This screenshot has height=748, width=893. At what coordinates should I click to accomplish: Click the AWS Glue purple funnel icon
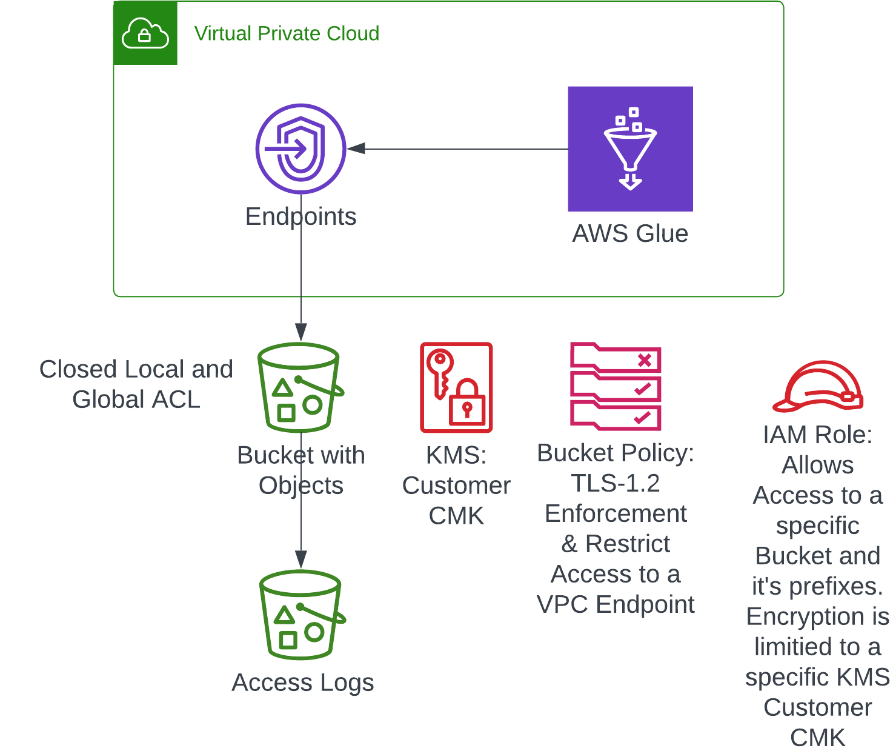pyautogui.click(x=630, y=149)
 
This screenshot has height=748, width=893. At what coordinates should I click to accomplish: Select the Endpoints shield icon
pyautogui.click(x=301, y=149)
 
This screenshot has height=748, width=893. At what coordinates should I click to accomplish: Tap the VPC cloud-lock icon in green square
pyautogui.click(x=145, y=33)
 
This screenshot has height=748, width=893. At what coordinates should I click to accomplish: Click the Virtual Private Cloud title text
pyautogui.click(x=287, y=33)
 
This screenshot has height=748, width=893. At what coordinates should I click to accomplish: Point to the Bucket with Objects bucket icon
pyautogui.click(x=300, y=388)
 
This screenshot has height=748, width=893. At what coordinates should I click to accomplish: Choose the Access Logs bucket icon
pyautogui.click(x=301, y=615)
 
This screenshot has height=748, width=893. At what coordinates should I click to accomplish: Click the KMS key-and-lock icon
pyautogui.click(x=456, y=387)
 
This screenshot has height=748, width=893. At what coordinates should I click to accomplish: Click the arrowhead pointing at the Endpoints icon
pyautogui.click(x=356, y=149)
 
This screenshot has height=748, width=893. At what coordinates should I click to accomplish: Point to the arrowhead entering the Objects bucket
pyautogui.click(x=301, y=332)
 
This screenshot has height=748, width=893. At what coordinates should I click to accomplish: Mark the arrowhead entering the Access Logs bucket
pyautogui.click(x=301, y=559)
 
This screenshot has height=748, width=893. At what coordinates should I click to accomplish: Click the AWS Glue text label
pyautogui.click(x=630, y=234)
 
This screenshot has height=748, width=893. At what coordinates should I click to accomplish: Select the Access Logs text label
pyautogui.click(x=303, y=683)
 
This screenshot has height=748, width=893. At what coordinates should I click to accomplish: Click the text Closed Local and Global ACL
pyautogui.click(x=136, y=384)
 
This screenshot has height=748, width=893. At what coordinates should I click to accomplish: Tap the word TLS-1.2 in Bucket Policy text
pyautogui.click(x=615, y=484)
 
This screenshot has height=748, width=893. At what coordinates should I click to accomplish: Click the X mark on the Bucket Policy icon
pyautogui.click(x=645, y=360)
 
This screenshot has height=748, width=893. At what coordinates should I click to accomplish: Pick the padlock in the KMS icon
pyautogui.click(x=466, y=403)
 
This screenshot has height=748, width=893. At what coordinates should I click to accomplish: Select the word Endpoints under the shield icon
pyautogui.click(x=301, y=217)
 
